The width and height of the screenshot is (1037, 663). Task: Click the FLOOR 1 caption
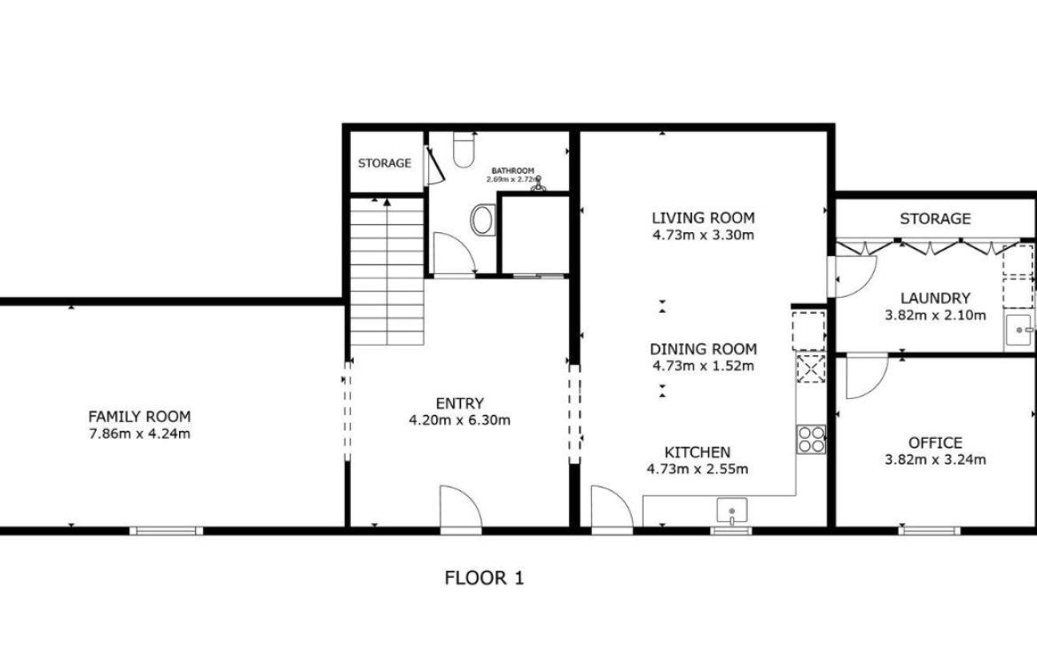(484, 578)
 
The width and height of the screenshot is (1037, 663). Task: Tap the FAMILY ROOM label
(139, 417)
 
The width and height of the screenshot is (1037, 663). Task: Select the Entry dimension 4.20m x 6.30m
(460, 420)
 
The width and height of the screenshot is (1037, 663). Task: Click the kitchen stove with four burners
(812, 439)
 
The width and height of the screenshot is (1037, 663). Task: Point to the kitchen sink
(732, 511)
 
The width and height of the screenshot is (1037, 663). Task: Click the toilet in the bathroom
(464, 150)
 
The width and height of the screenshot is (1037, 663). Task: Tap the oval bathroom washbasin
(483, 220)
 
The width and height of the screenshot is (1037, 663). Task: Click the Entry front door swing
(461, 507)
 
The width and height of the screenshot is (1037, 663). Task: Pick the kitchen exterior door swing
(612, 507)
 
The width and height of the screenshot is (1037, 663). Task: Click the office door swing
(867, 378)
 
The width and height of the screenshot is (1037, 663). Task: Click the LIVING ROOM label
(703, 218)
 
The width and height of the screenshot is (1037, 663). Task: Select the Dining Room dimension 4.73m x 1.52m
(703, 366)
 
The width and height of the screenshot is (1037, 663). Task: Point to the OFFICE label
(935, 442)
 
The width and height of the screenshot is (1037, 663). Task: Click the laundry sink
(1019, 331)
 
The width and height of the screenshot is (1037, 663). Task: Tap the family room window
(166, 530)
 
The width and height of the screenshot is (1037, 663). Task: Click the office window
(929, 530)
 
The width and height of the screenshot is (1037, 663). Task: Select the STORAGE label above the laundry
(935, 218)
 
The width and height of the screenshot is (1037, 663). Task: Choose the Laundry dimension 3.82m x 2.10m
(935, 316)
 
